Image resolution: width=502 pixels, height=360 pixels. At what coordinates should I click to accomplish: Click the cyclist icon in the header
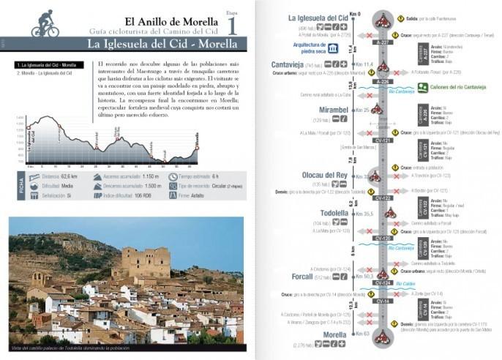pyautogui.click(x=45, y=23)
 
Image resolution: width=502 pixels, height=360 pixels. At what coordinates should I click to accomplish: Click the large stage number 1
pyautogui.click(x=232, y=26)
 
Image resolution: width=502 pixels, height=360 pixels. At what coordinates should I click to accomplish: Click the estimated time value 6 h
pyautogui.click(x=220, y=176)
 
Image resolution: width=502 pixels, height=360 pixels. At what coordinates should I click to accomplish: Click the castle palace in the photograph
pyautogui.click(x=151, y=263)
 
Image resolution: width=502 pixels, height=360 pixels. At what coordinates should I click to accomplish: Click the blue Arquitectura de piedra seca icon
pyautogui.click(x=334, y=48)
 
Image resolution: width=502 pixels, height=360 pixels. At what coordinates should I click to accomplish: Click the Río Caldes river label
pyautogui.click(x=407, y=283)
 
